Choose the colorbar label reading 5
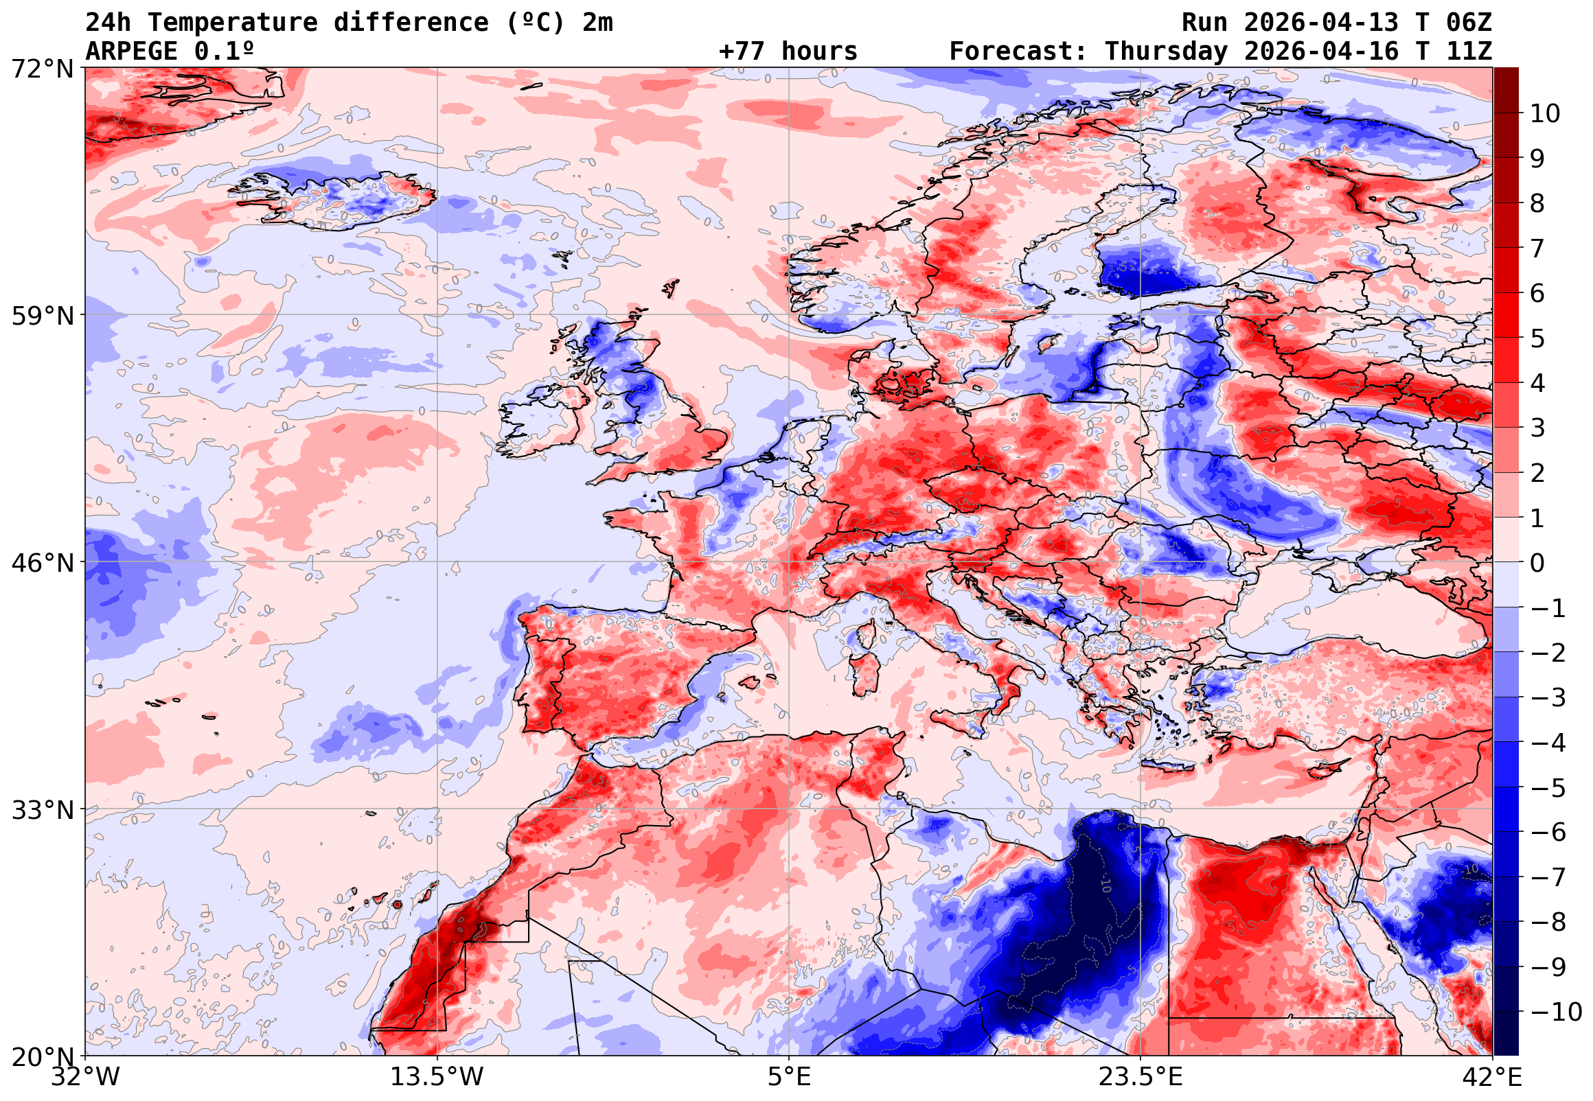(x=1538, y=338)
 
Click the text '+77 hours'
(x=788, y=51)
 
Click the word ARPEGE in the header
(x=131, y=51)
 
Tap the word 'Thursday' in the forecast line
(x=1166, y=51)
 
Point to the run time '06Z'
(x=1469, y=23)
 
